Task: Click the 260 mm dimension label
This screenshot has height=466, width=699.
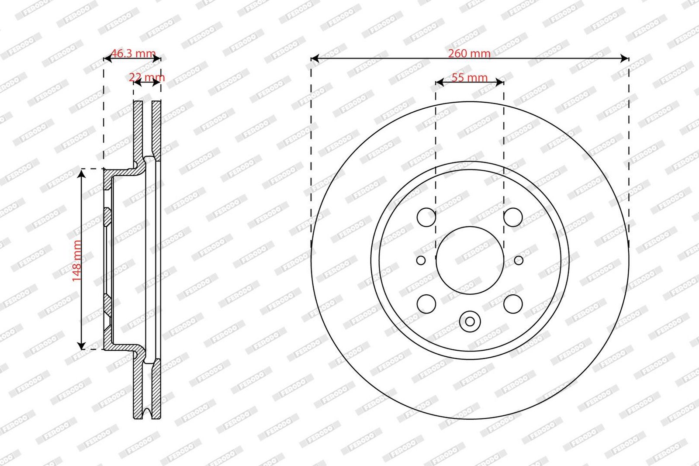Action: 469,54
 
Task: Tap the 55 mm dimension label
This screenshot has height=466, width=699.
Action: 469,78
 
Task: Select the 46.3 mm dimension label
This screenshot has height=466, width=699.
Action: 133,53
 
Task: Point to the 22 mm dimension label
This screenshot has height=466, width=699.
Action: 147,77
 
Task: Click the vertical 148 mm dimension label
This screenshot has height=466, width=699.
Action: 77,261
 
